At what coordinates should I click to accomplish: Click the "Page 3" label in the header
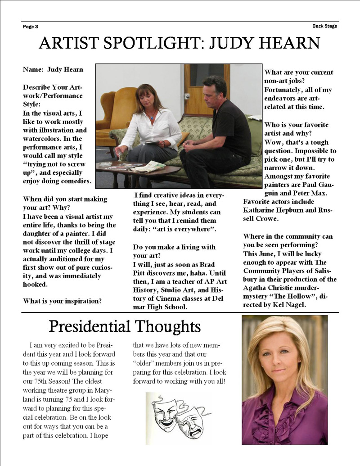tap(30, 27)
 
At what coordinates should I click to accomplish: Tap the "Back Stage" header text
tap(324, 26)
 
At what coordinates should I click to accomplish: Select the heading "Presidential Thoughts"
tap(125, 326)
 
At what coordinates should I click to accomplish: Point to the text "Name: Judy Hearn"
tap(53, 70)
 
